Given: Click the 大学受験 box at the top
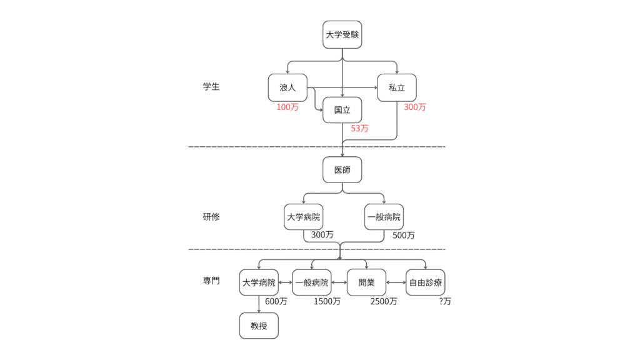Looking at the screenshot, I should (342, 34).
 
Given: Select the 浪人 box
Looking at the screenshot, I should (287, 87).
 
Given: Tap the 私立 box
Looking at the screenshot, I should (397, 87).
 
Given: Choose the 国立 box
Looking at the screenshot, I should (342, 110).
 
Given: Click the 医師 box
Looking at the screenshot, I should (342, 169).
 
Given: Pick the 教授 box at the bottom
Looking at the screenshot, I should (259, 326).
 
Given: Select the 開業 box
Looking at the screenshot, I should (366, 282).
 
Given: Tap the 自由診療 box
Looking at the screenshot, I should (426, 282).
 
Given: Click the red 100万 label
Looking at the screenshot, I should (287, 107).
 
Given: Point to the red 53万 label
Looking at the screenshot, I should (359, 128).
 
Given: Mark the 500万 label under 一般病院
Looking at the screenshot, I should (403, 236).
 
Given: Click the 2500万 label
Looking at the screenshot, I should (383, 301).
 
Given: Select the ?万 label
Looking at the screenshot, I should (445, 301).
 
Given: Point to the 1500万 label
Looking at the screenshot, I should (327, 301).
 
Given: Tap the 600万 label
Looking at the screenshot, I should (276, 301).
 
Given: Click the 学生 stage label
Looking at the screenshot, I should (211, 87).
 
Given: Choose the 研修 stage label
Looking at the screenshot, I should (211, 217).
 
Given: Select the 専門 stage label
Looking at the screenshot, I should (211, 281).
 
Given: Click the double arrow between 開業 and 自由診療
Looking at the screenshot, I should (396, 282).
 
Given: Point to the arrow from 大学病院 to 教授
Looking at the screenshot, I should (259, 304).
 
